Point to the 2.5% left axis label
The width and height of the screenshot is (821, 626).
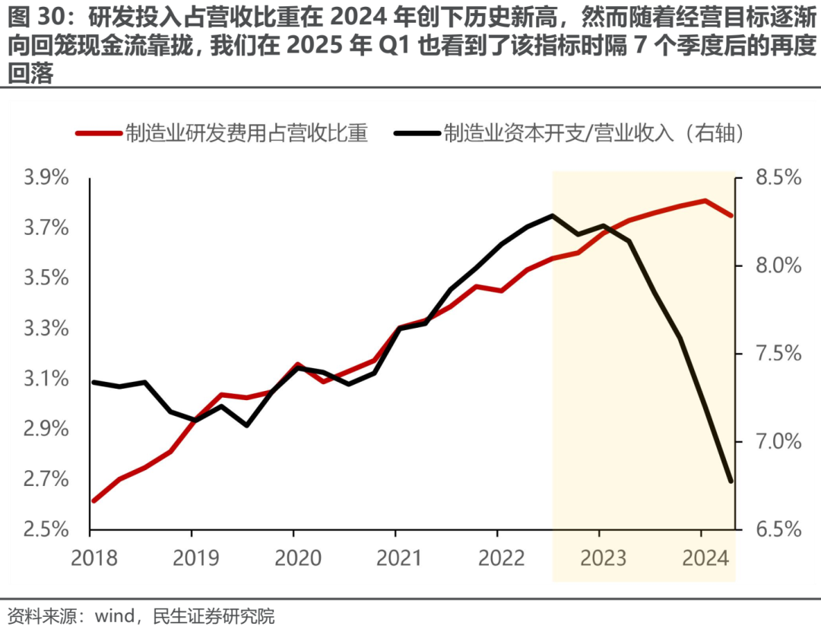[47, 529]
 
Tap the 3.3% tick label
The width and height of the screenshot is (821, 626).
[47, 329]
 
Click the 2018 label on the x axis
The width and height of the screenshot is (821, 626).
[94, 558]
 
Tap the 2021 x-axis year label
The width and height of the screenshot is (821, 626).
[396, 558]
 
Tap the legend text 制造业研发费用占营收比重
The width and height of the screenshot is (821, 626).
[246, 134]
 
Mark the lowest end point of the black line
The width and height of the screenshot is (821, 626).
[731, 481]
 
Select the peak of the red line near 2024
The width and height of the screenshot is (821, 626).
[705, 201]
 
